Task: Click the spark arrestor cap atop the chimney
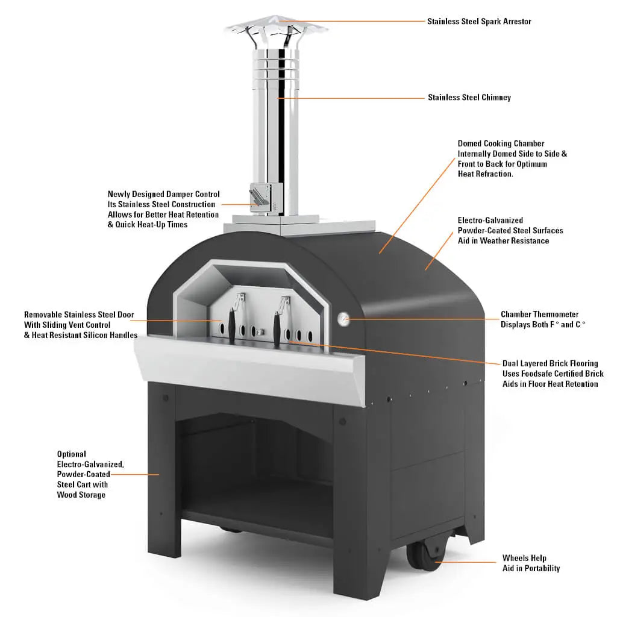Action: (277, 28)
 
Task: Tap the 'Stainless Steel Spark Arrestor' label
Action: (479, 22)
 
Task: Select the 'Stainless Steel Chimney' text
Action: (469, 97)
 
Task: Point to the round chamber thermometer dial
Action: (343, 318)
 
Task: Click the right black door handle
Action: (278, 328)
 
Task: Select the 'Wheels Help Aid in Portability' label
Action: (531, 563)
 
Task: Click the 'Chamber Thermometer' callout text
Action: (539, 315)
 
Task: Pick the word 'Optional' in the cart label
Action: (72, 454)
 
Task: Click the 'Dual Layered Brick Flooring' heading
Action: (550, 363)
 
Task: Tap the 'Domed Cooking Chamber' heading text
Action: (501, 143)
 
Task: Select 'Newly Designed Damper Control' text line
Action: (163, 194)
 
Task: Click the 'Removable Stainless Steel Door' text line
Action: (79, 315)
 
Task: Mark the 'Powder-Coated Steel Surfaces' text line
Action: (510, 230)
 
